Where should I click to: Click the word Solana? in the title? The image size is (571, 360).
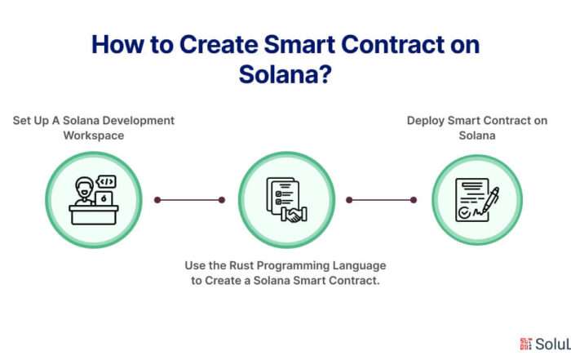click(x=285, y=74)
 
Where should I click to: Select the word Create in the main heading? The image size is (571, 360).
click(x=219, y=44)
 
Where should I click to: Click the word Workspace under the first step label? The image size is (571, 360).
click(x=94, y=136)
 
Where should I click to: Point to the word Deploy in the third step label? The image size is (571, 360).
click(x=425, y=121)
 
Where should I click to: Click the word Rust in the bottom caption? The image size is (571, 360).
click(x=241, y=265)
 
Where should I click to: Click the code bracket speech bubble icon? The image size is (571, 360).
click(x=106, y=181)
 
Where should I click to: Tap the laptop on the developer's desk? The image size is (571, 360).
click(x=104, y=199)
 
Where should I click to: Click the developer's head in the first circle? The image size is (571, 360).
click(x=85, y=188)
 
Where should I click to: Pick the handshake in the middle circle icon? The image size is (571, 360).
click(x=294, y=214)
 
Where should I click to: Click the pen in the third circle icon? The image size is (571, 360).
click(x=490, y=200)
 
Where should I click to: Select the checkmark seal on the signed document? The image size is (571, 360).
click(x=464, y=212)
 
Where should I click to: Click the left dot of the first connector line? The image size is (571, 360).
click(x=157, y=200)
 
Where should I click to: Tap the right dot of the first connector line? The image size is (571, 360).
click(x=222, y=200)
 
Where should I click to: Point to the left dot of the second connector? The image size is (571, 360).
click(x=349, y=200)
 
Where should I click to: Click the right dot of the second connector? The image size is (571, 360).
click(x=414, y=200)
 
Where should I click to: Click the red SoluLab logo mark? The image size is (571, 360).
click(x=526, y=344)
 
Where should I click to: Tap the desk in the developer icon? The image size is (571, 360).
click(x=94, y=215)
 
